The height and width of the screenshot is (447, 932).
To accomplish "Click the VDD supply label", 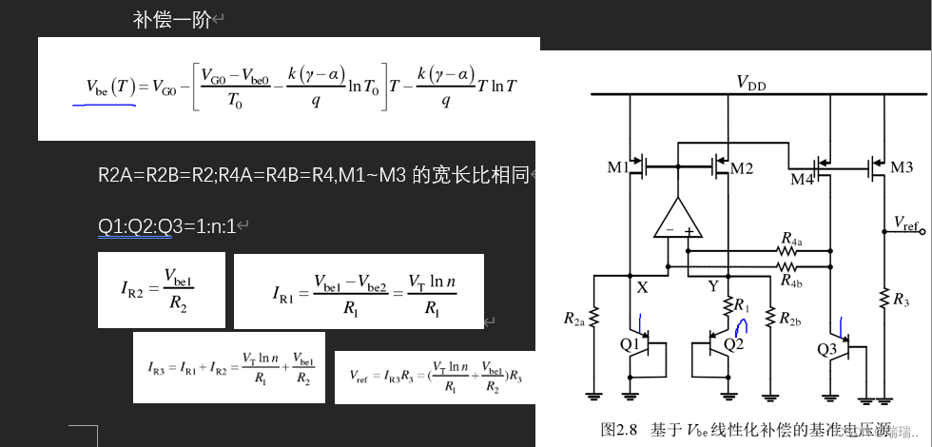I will pyautogui.click(x=750, y=83).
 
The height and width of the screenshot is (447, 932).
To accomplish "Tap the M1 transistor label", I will pyautogui.click(x=618, y=168).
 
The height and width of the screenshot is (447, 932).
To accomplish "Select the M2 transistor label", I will pyautogui.click(x=742, y=168).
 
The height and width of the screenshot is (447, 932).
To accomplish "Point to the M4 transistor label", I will pyautogui.click(x=802, y=178).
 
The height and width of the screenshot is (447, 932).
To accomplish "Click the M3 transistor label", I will pyautogui.click(x=902, y=168).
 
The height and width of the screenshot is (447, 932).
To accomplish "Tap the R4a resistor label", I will pyautogui.click(x=791, y=238).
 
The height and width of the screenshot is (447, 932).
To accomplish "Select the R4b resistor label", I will pyautogui.click(x=791, y=281).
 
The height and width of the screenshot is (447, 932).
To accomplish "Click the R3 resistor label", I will pyautogui.click(x=900, y=300).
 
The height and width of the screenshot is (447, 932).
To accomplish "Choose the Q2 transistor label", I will pyautogui.click(x=733, y=343).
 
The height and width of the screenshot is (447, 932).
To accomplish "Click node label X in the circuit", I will pyautogui.click(x=642, y=286).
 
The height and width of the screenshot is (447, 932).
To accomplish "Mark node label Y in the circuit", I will pyautogui.click(x=712, y=286).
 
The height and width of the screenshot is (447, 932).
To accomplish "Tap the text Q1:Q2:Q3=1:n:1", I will pyautogui.click(x=166, y=226).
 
